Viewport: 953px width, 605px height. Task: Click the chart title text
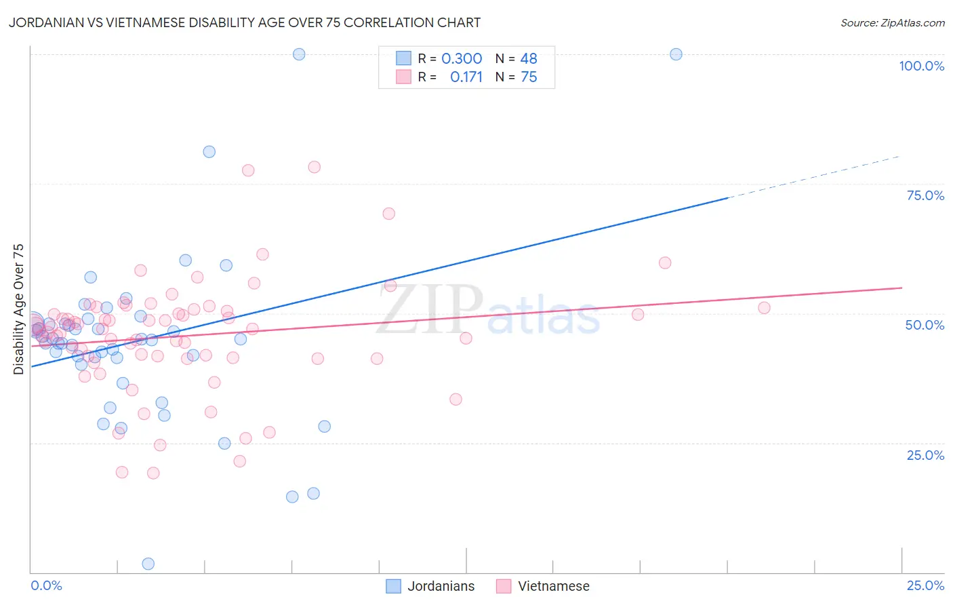pos(245,22)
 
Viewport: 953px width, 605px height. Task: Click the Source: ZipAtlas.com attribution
pos(892,22)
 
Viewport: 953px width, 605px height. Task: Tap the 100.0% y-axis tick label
pos(921,66)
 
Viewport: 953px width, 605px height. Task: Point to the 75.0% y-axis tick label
pos(925,195)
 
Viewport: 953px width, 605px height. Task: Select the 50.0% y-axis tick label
pos(925,325)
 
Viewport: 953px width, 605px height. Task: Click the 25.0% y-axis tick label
pos(925,455)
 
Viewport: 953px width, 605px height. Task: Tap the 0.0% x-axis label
pos(46,585)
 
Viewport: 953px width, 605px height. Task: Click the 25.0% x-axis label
pos(925,585)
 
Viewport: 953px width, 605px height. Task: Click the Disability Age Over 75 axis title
pos(18,309)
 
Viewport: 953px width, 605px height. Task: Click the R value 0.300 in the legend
pos(462,59)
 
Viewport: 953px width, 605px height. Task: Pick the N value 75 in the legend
pos(529,77)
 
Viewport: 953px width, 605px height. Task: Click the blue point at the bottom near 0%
pos(148,564)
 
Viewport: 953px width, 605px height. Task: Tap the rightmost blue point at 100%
pos(676,54)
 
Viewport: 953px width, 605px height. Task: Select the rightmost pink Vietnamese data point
pos(764,308)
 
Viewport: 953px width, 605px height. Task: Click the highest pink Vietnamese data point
pos(314,167)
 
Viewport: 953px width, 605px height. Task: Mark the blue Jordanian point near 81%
pos(209,152)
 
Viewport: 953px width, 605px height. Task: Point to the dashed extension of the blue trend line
pos(813,177)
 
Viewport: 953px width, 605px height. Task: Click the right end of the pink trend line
pos(901,288)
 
